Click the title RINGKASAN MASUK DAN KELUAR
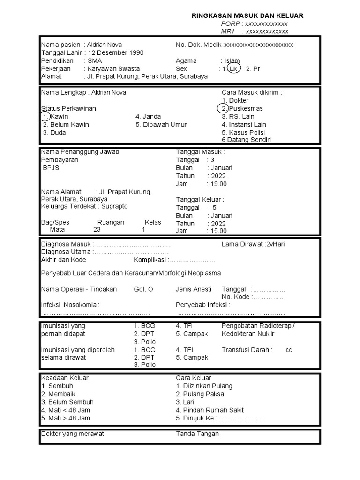coord(247,16)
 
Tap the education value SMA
coord(94,61)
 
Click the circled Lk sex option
coord(233,69)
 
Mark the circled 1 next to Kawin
coord(45,117)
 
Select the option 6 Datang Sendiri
coord(246,140)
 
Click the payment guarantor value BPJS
coord(51,168)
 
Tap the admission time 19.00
coord(219,184)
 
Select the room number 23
coord(97,230)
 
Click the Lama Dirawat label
coord(242,244)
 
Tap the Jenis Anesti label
coord(194,289)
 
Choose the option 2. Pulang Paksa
coord(200,394)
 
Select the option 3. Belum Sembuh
coord(67,402)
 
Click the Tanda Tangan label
coord(197,434)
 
